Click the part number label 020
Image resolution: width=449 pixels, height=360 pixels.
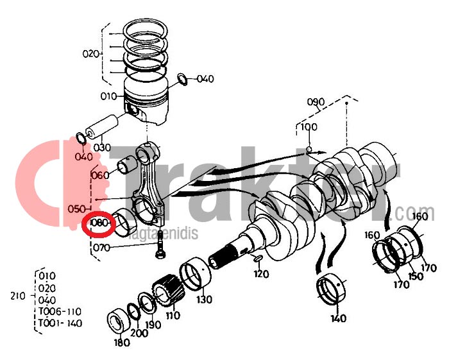91,53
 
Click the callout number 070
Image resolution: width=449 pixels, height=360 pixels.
101,247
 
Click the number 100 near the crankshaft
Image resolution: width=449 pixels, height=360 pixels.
309,127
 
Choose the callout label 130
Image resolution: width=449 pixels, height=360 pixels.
204,300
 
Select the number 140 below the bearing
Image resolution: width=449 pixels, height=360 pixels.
338,318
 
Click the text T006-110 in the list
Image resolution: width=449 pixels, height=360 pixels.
60,311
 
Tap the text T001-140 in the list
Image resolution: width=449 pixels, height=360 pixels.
60,323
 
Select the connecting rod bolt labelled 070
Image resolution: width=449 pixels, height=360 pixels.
158,247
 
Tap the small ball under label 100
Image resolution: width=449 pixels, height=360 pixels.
309,150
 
